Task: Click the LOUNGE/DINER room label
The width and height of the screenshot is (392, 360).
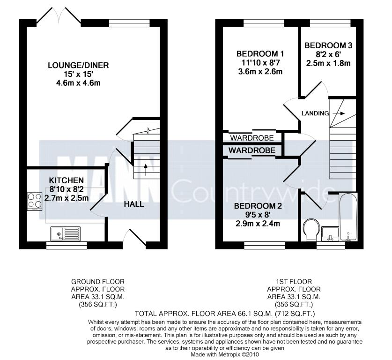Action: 78,66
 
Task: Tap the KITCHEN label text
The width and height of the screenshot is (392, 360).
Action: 66,180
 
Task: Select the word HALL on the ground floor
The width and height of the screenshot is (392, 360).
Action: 134,204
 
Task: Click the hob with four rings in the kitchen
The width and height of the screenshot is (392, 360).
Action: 35,201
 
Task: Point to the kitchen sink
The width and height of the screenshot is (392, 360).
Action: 66,234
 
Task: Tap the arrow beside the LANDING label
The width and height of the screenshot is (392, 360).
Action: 339,113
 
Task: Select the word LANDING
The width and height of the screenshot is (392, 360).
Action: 315,113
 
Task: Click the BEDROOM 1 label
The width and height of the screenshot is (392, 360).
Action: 260,54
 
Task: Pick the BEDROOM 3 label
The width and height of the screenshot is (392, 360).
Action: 328,45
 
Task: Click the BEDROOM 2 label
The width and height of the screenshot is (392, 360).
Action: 258,206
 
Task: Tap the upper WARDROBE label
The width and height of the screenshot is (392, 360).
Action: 252,138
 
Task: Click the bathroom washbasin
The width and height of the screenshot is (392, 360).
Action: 330,233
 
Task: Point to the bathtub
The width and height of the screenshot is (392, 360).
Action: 348,217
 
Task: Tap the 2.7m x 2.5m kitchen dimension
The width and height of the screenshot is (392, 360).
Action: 67,198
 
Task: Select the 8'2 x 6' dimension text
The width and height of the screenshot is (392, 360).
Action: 328,54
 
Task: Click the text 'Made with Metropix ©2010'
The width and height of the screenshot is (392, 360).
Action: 225,354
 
